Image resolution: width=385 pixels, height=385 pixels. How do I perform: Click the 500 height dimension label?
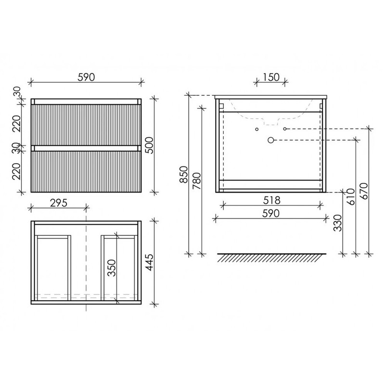click(x=149, y=145)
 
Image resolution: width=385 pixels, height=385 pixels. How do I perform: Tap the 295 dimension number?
click(x=58, y=203)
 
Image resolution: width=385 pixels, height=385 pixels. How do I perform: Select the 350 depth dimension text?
click(x=112, y=268)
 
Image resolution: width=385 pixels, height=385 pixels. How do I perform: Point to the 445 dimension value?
click(x=149, y=262)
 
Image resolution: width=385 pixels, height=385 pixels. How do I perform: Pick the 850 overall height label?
click(x=184, y=174)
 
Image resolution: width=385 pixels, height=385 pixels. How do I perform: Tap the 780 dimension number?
click(x=197, y=181)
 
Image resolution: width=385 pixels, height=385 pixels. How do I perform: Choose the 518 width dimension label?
click(x=271, y=200)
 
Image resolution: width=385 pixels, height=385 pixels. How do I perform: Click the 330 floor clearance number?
click(x=338, y=223)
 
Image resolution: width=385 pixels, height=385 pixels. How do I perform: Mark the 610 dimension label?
click(x=351, y=197)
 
